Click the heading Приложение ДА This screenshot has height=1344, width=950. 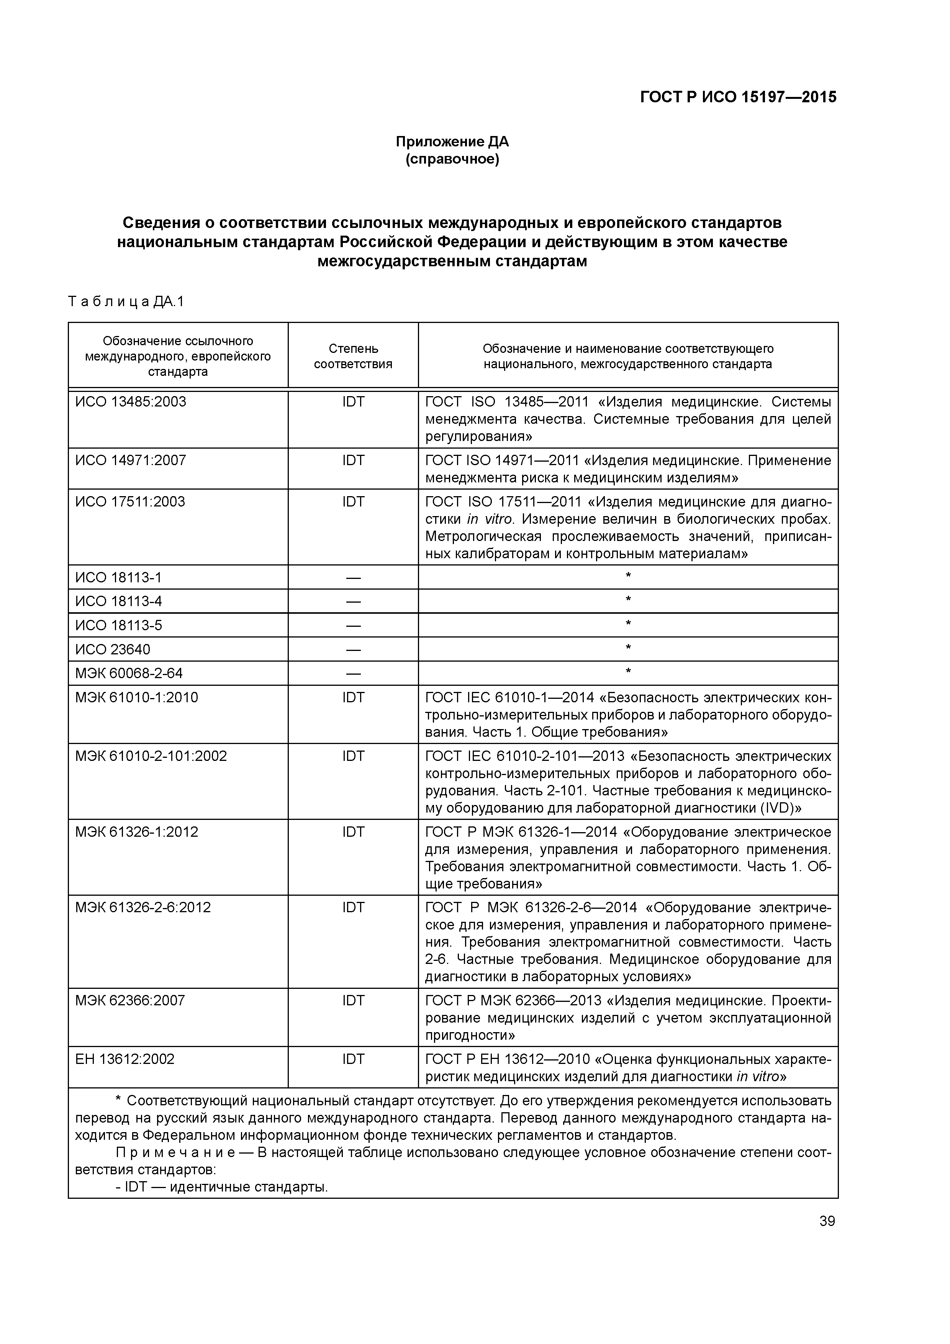click(x=452, y=142)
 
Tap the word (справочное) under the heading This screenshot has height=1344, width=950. click(x=452, y=159)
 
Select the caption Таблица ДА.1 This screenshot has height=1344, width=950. click(x=126, y=302)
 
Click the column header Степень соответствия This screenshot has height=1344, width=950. click(x=353, y=356)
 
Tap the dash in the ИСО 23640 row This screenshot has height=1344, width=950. click(x=353, y=650)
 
